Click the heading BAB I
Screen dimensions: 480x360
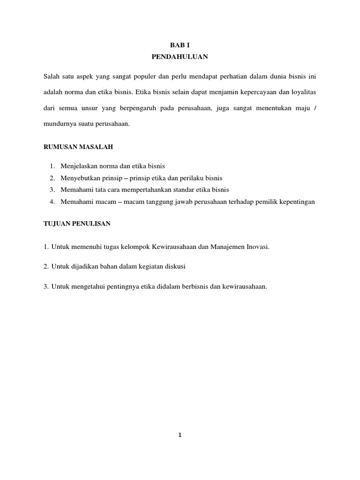coord(180,45)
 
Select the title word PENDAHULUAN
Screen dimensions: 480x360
coord(180,57)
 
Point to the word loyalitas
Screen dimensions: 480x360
coord(307,92)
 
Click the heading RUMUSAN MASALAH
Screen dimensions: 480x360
coord(78,147)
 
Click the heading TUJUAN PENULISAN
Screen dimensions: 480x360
coord(77,224)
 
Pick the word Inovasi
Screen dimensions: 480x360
coord(258,247)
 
